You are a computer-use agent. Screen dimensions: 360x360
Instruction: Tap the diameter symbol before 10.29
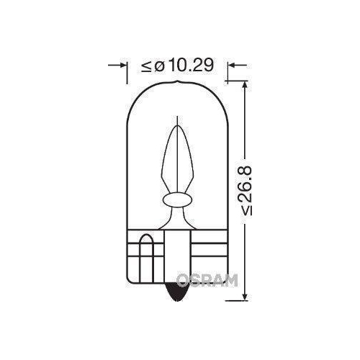click(159, 66)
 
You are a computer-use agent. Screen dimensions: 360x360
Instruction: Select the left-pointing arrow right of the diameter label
click(231, 66)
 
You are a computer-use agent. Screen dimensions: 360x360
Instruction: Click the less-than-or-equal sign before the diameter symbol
click(146, 66)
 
